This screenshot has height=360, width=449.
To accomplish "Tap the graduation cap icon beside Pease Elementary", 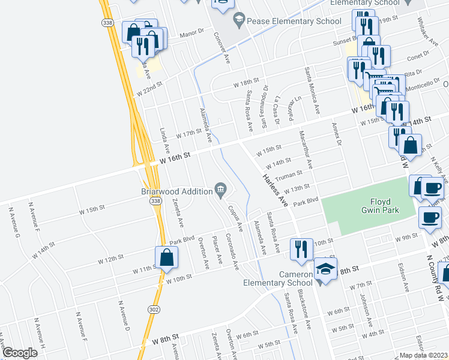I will [x=239, y=20].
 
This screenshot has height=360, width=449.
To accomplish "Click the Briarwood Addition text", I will [x=177, y=191].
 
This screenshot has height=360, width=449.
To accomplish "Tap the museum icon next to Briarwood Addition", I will [x=220, y=191].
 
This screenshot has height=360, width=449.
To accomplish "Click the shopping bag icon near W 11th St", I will [x=167, y=259].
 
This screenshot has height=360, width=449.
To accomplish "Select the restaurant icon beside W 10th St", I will [x=301, y=249].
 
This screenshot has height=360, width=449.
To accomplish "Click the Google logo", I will [x=20, y=353].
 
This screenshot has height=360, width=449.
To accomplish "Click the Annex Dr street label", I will [x=336, y=134].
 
